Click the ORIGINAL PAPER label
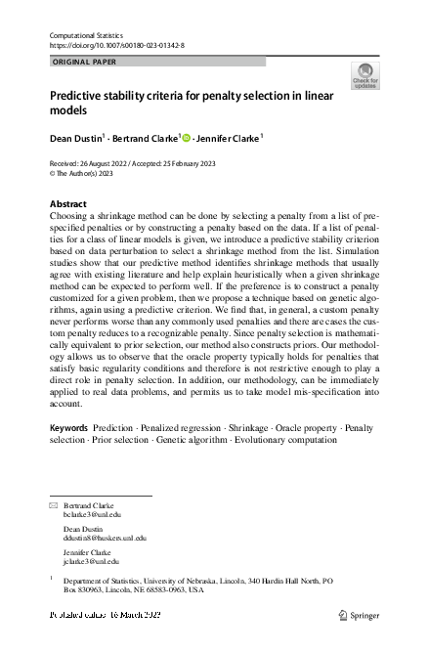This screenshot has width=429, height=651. (x=83, y=62)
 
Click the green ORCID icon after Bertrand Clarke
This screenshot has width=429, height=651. (x=184, y=138)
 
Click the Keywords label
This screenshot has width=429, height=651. (x=69, y=456)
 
